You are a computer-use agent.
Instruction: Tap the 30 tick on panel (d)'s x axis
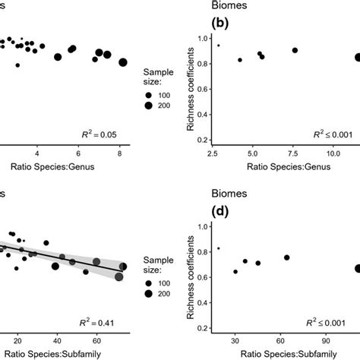click(x=235, y=340)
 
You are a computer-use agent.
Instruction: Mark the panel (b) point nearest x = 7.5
click(x=295, y=50)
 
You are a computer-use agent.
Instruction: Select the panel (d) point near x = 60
click(x=287, y=257)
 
